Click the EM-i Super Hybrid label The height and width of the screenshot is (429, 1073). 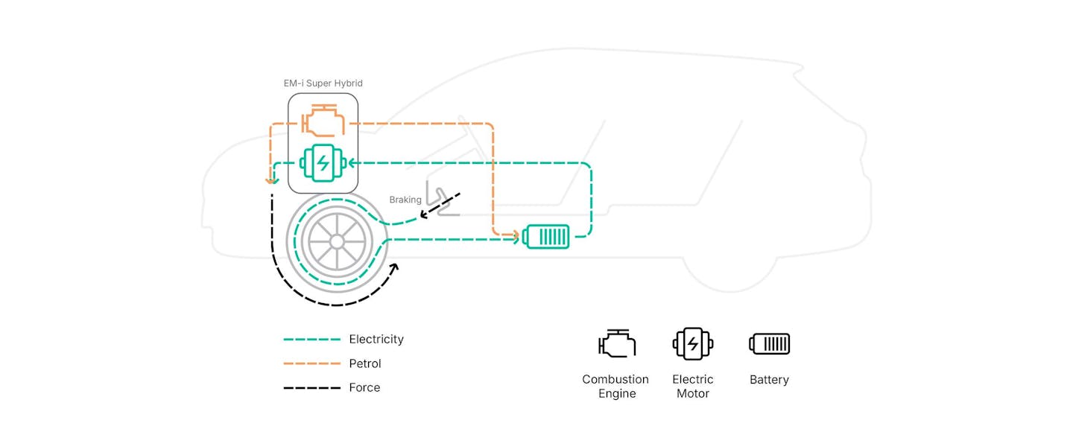pos(323,83)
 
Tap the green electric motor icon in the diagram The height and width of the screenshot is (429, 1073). pos(323,163)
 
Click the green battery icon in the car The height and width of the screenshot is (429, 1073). pos(546,237)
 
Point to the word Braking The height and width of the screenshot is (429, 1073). pos(405,200)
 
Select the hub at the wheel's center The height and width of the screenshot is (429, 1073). pos(337,242)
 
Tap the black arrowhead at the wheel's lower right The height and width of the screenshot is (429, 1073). pos(394,268)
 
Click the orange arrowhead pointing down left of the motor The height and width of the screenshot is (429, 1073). pos(271,180)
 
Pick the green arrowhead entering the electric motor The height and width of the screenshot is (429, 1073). pos(352,163)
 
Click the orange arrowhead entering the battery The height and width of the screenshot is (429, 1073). pos(516,235)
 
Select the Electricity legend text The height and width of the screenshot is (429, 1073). pos(376,340)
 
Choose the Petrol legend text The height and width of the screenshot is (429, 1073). pos(365,364)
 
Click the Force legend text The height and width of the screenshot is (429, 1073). pos(364,387)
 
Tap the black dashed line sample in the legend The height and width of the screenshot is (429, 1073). pos(311,388)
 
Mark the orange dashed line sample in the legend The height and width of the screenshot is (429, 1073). pos(311,364)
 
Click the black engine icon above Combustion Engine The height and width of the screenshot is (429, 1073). pos(617,343)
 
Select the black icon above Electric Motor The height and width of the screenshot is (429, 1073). pos(693,344)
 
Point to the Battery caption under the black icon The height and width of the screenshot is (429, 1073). pos(769,380)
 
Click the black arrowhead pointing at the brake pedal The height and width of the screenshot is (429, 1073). pos(425,214)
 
